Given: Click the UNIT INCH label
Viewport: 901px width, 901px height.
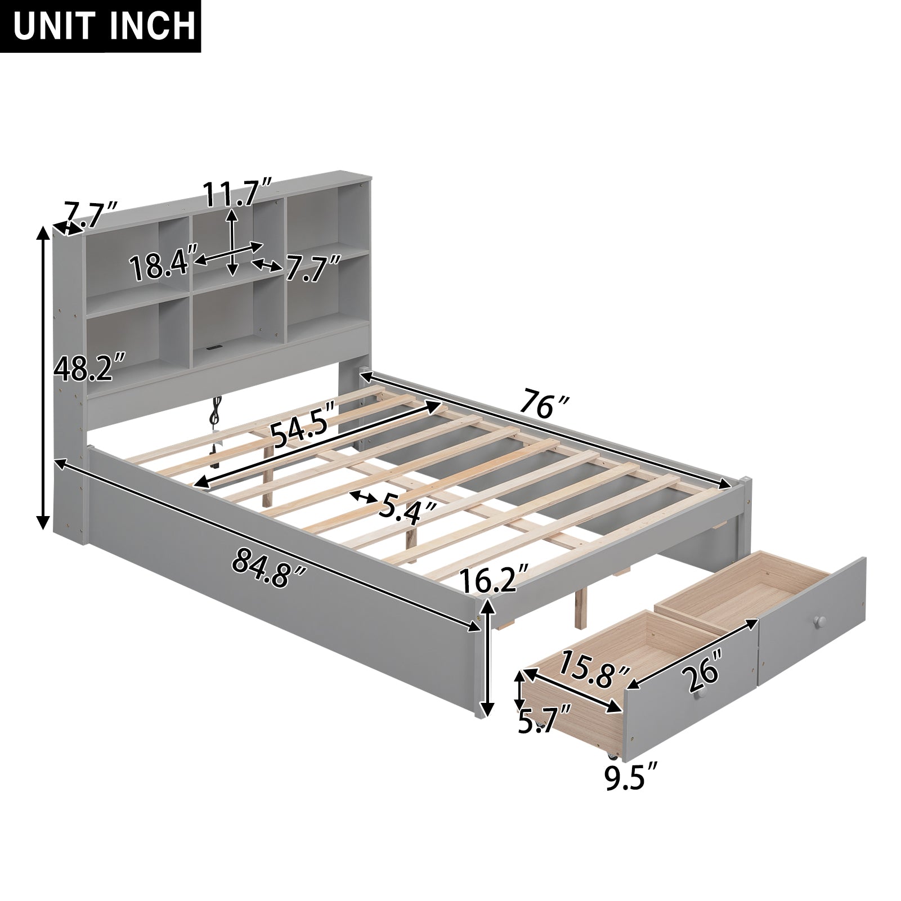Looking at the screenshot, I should coord(100,26).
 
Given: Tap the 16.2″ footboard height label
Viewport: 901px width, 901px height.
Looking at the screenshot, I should coord(494,580).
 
